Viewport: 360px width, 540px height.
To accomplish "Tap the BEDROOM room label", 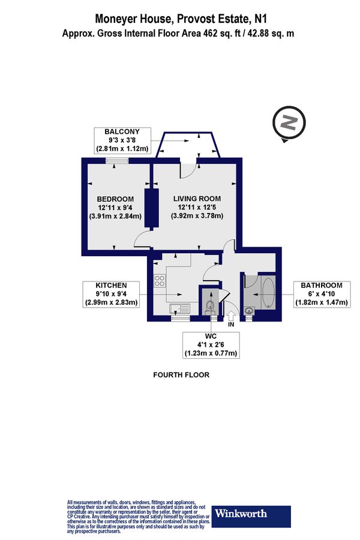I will tap(115, 199).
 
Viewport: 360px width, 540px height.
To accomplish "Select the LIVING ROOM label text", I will tap(197, 199).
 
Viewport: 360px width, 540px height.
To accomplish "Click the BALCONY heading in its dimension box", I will tap(122, 131).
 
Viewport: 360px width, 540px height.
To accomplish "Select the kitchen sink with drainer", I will tap(180, 309).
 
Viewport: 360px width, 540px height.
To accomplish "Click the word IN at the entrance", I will tap(230, 324).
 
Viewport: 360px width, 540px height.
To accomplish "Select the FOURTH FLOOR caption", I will tap(180, 375).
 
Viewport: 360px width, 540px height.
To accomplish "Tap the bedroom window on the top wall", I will tap(116, 160).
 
